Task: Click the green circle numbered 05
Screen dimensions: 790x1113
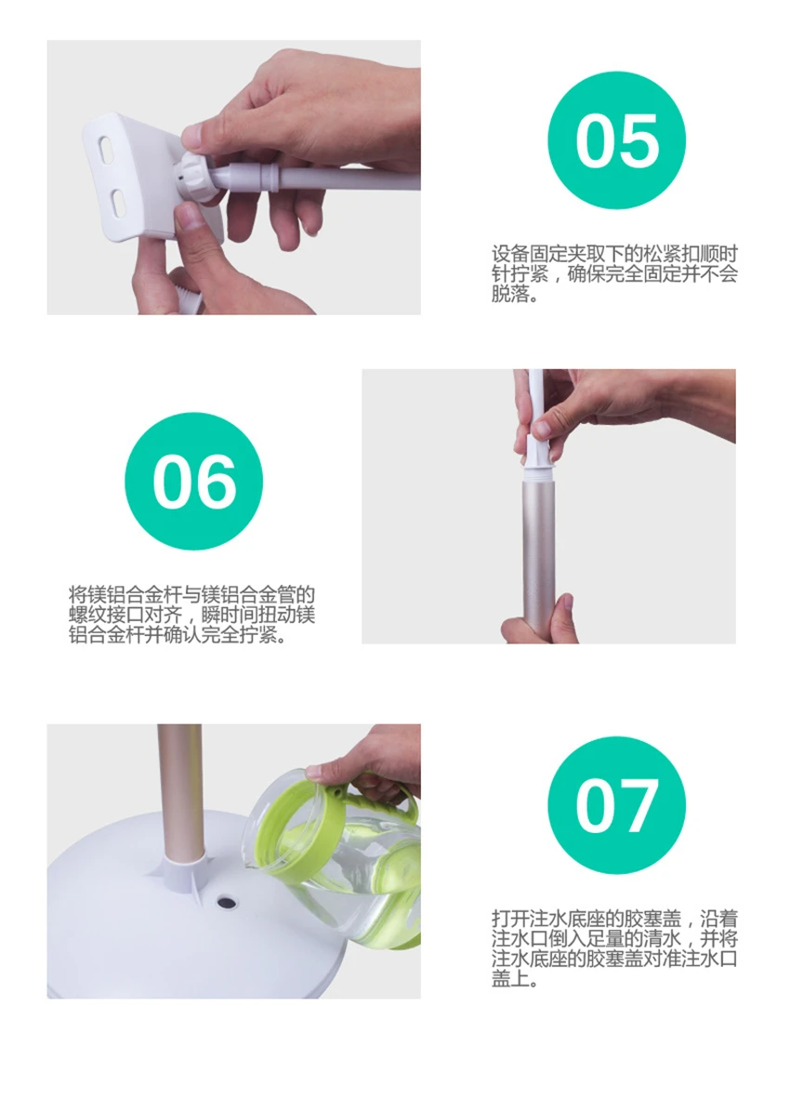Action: [617, 140]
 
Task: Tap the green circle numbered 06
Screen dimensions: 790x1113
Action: [193, 482]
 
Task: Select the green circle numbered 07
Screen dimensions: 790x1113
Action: [617, 805]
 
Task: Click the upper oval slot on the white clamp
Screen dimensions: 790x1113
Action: [108, 151]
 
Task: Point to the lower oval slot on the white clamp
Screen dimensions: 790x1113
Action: [118, 202]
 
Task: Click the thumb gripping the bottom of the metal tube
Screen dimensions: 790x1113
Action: [562, 612]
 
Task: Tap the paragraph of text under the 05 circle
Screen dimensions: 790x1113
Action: [614, 274]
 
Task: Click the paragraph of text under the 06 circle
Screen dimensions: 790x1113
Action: [191, 614]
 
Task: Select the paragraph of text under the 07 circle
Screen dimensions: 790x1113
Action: [614, 948]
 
